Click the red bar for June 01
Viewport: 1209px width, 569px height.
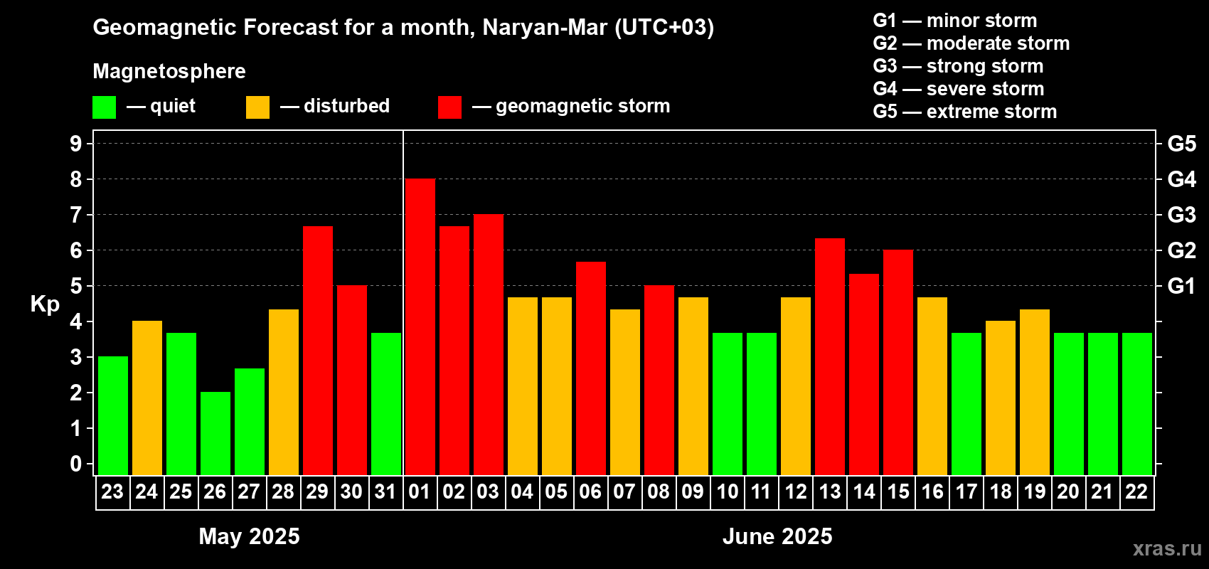pyautogui.click(x=420, y=327)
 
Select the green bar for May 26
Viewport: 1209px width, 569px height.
pyautogui.click(x=215, y=434)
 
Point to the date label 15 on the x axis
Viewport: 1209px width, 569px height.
pyautogui.click(x=898, y=491)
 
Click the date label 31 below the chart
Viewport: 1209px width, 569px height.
pyautogui.click(x=385, y=491)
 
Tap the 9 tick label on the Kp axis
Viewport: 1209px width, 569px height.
pyautogui.click(x=76, y=144)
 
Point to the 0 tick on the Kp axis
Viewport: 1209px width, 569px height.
pyautogui.click(x=76, y=464)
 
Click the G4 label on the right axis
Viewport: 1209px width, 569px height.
pyautogui.click(x=1181, y=179)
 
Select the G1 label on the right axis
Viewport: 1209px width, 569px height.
pyautogui.click(x=1181, y=286)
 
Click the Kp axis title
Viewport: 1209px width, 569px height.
pyautogui.click(x=45, y=304)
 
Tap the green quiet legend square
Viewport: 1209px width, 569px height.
pyautogui.click(x=105, y=107)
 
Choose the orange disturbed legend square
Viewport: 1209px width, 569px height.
pyautogui.click(x=257, y=107)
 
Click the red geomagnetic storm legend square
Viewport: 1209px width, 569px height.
pyautogui.click(x=449, y=107)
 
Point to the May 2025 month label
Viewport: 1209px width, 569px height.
pyautogui.click(x=249, y=536)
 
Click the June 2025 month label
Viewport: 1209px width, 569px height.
pyautogui.click(x=777, y=536)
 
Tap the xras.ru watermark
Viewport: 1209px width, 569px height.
pyautogui.click(x=1166, y=548)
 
